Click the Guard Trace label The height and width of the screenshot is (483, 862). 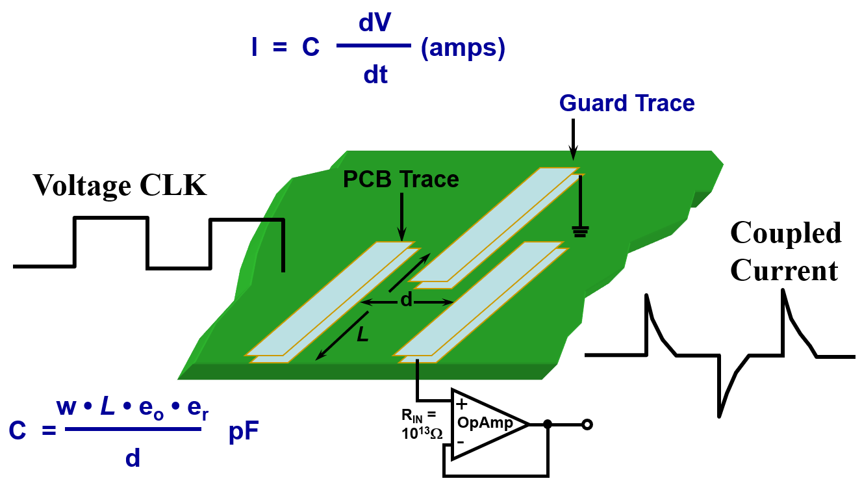(x=627, y=103)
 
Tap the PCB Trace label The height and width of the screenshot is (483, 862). (x=401, y=179)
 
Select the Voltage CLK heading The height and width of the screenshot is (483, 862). (x=120, y=186)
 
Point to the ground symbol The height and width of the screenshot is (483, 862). (x=580, y=231)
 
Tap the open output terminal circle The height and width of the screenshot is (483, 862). (x=587, y=424)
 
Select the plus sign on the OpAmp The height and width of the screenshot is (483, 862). (x=461, y=404)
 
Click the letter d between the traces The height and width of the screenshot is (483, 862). (x=407, y=300)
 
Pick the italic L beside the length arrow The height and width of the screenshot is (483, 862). (x=362, y=334)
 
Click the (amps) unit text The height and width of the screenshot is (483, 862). (x=463, y=49)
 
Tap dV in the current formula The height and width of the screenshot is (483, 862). (x=375, y=23)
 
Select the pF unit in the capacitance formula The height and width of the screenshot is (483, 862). (x=244, y=432)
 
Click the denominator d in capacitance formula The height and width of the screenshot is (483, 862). (x=133, y=458)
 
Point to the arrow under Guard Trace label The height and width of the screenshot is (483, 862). (x=573, y=139)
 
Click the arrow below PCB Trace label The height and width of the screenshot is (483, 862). (x=401, y=217)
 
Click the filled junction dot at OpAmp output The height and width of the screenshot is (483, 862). (x=548, y=424)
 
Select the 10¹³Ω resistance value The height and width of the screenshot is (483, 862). (x=422, y=434)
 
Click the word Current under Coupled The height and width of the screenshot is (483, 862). (x=784, y=270)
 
